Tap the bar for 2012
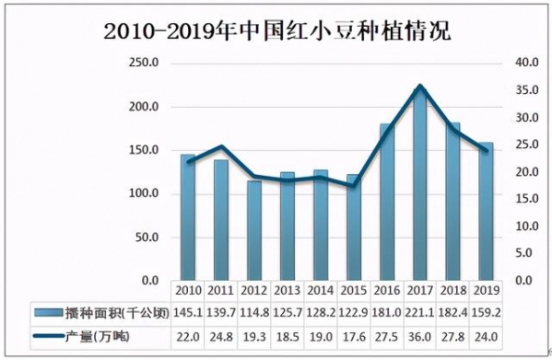click(254, 231)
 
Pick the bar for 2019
click(487, 212)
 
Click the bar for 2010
click(188, 217)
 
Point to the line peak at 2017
click(420, 86)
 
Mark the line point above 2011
click(221, 146)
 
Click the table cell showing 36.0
click(420, 338)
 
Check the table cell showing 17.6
click(354, 338)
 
